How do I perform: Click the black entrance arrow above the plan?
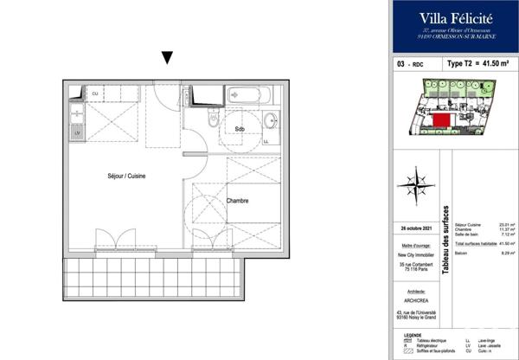tap(168, 59)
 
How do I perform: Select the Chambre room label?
tap(238, 201)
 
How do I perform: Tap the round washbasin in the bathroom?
tap(270, 120)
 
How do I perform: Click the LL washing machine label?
tap(266, 141)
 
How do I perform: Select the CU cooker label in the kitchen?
tap(94, 93)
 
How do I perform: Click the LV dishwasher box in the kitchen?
tap(76, 132)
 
